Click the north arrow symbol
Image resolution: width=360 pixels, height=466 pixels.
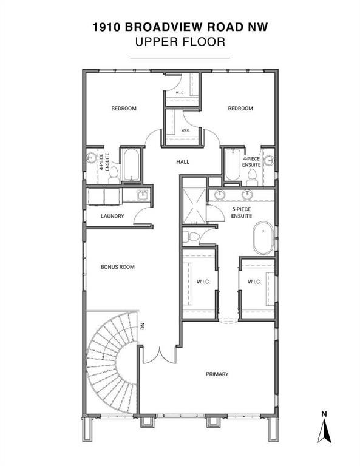pyautogui.click(x=324, y=430)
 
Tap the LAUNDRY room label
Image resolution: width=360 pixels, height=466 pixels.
pyautogui.click(x=112, y=216)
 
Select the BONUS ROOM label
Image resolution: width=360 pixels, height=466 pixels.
pyautogui.click(x=117, y=266)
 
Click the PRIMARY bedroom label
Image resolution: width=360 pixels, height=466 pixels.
pyautogui.click(x=217, y=374)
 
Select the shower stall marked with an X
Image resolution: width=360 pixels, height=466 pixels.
pyautogui.click(x=194, y=206)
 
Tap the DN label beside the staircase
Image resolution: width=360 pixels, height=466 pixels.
pyautogui.click(x=144, y=328)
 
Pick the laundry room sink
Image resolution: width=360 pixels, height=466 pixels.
pyautogui.click(x=143, y=195)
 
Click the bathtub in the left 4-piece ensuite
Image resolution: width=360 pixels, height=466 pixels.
pyautogui.click(x=130, y=164)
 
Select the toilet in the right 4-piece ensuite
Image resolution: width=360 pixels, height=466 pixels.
pyautogui.click(x=253, y=177)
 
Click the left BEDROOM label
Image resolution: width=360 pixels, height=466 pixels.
pyautogui.click(x=123, y=109)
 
